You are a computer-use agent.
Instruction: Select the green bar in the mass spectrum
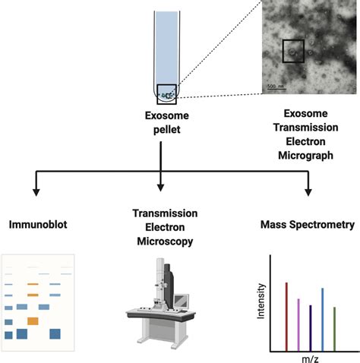(335, 328)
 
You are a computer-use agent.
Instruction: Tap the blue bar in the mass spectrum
(323, 319)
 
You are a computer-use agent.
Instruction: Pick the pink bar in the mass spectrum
(298, 324)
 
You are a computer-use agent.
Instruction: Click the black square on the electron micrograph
(293, 52)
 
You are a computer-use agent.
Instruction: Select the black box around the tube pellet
(167, 93)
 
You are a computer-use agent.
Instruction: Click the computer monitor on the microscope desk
(180, 301)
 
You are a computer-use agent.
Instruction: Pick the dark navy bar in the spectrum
(311, 327)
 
